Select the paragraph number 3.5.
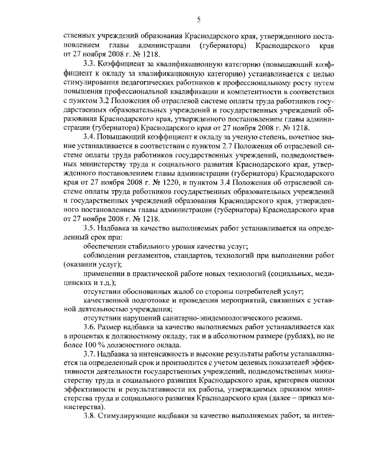89,228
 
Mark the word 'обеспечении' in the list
105,246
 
